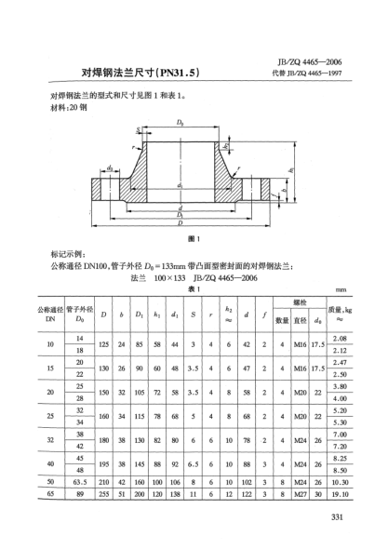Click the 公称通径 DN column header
click(x=53, y=315)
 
